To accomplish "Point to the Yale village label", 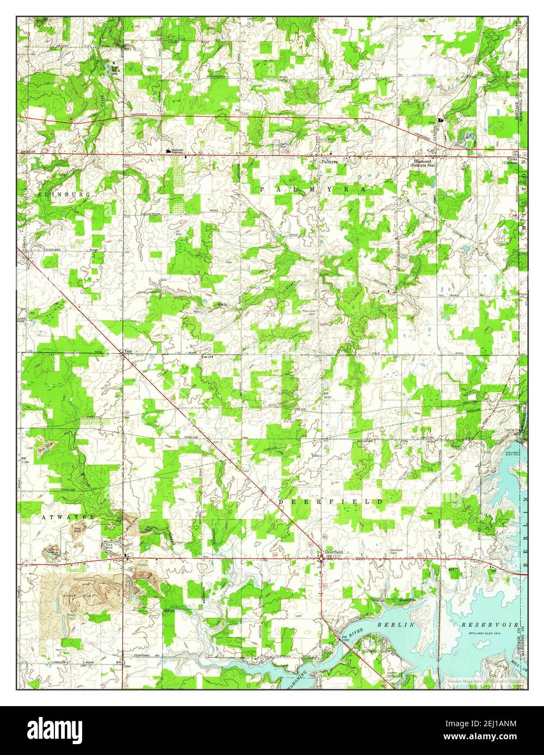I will point(128,351).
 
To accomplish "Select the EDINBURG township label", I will point(57,193).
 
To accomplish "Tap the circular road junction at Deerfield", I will point(322,558).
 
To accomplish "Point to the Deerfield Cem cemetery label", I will point(397,551).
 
